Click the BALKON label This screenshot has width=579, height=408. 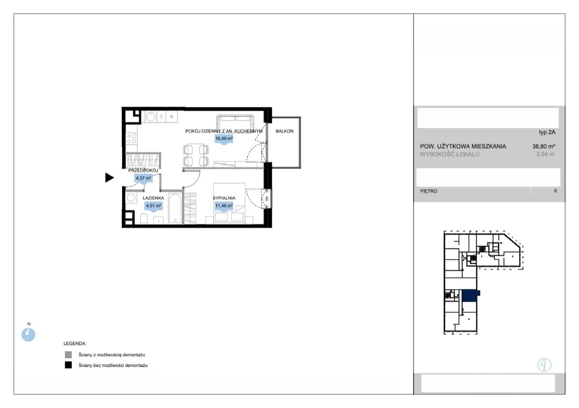pos(284,131)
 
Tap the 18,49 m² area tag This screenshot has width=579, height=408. pos(224,139)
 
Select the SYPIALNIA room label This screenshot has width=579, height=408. pos(224,198)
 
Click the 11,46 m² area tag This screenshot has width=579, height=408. pos(224,207)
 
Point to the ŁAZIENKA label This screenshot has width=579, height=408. pos(153,198)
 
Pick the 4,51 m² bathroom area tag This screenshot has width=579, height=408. pos(153,207)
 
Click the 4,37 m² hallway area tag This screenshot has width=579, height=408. pos(143,179)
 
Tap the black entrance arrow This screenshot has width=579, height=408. pos(109,178)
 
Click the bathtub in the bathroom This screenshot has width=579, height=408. pos(175,209)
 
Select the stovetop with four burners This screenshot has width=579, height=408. pos(132,139)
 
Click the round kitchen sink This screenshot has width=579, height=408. pos(151,116)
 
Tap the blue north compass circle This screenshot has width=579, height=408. pos(28,335)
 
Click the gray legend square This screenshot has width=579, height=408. pos(68,354)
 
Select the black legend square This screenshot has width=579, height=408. pos(68,365)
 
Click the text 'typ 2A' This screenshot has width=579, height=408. pos(547,132)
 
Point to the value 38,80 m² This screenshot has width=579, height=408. pos(544,146)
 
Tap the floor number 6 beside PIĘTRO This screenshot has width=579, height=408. pos(555,191)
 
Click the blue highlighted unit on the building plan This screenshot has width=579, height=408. pos(470,296)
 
